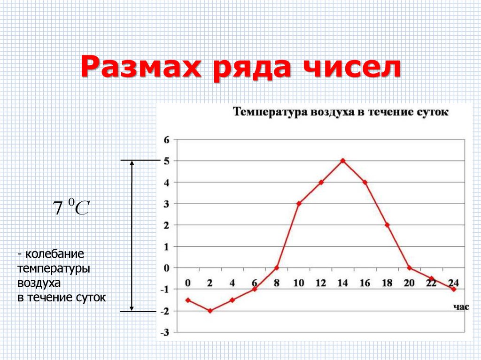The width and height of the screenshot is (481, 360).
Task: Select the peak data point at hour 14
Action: [x=343, y=161]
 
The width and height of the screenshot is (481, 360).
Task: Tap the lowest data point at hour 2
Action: [x=210, y=311]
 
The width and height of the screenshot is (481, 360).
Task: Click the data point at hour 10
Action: [x=299, y=203]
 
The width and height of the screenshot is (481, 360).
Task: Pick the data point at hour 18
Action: [x=387, y=225]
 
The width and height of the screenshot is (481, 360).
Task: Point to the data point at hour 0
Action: [x=188, y=300]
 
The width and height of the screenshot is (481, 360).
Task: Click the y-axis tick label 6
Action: [x=166, y=139]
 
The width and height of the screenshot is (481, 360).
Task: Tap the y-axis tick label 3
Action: [x=166, y=204]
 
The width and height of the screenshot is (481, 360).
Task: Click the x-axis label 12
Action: [x=321, y=283]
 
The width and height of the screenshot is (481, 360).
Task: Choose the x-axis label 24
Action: [x=453, y=283]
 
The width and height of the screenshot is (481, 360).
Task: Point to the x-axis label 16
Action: [x=365, y=283]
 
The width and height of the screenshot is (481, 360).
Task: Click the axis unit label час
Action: [x=461, y=307]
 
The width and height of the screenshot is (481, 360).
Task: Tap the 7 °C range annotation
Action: [x=70, y=207]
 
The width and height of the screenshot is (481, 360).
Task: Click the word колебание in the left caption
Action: [x=55, y=255]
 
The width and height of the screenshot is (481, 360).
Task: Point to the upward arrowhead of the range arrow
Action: [x=132, y=163]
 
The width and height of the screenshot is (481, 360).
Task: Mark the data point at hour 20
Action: [x=409, y=268]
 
